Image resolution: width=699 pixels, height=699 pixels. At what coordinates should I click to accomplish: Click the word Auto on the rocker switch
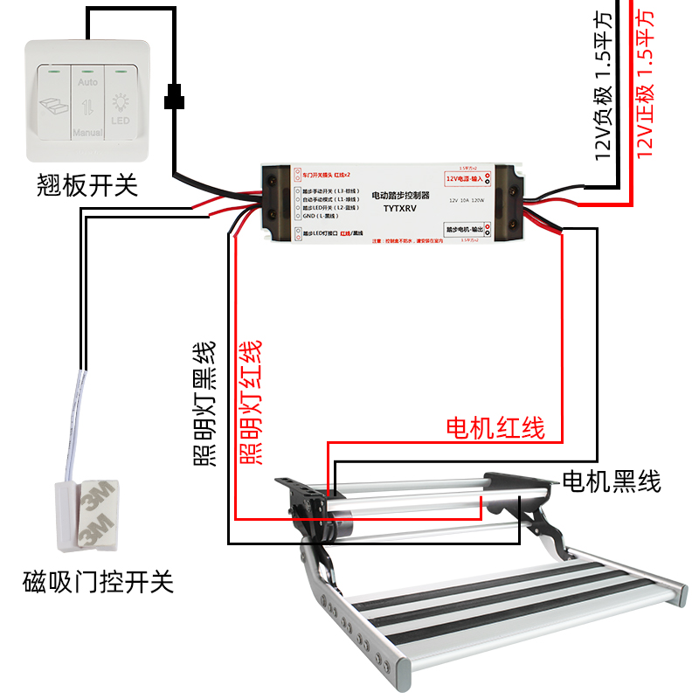click(x=87, y=82)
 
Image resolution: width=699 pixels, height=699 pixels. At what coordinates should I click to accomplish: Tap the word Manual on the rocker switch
click(x=87, y=133)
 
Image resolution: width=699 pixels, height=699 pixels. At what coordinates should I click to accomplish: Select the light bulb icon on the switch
click(x=121, y=104)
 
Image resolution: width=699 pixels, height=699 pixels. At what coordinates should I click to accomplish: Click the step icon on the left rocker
click(x=53, y=107)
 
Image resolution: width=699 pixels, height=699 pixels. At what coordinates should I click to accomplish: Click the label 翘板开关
click(x=87, y=185)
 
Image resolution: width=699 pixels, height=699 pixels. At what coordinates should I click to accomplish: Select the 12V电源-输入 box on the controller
click(x=467, y=178)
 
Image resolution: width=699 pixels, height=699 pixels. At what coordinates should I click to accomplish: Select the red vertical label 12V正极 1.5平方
click(x=645, y=83)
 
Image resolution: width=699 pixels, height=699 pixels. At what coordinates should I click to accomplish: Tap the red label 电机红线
click(x=495, y=428)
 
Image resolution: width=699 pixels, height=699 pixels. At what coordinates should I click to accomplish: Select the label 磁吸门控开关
click(x=99, y=581)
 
